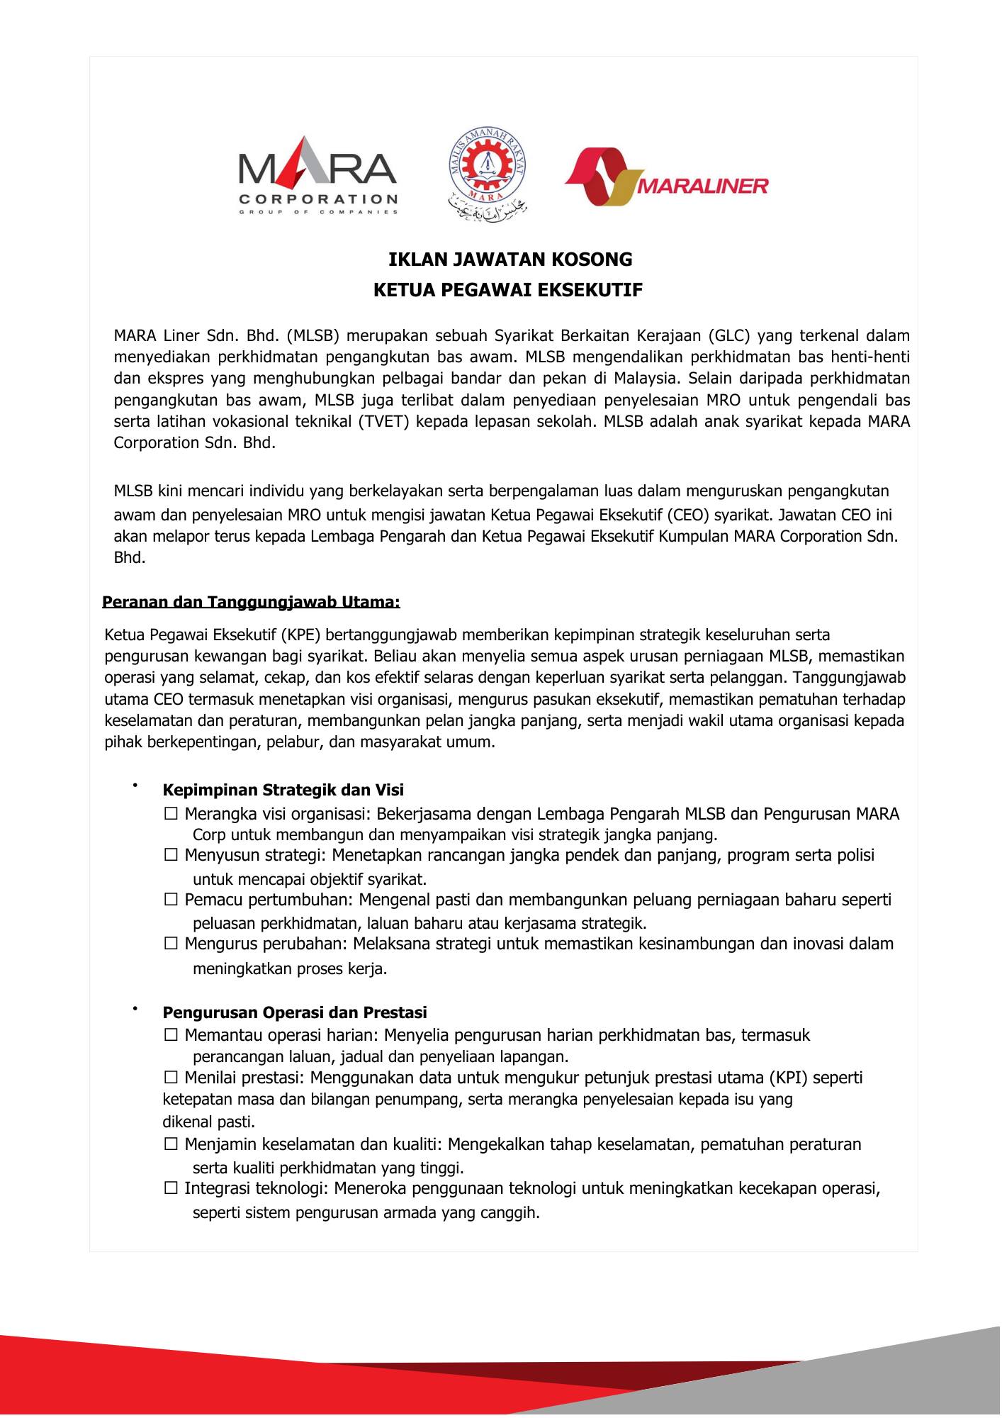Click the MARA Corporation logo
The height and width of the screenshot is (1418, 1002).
318,181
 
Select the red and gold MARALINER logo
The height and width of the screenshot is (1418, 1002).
666,177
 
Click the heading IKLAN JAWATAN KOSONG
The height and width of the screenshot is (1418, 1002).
510,259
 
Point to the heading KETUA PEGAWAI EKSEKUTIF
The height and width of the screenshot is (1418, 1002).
508,291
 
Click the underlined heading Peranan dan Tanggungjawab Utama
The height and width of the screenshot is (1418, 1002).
252,603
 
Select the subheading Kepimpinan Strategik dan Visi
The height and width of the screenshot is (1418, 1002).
283,790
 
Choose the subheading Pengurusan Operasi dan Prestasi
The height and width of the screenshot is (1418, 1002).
295,1012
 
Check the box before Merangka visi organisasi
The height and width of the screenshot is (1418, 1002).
171,814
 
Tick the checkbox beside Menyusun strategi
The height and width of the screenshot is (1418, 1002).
171,855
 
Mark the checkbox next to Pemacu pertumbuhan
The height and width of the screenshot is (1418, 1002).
171,900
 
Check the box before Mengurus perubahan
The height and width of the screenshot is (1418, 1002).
171,944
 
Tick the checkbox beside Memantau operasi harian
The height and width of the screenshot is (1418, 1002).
171,1035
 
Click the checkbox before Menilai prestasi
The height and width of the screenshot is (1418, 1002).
171,1078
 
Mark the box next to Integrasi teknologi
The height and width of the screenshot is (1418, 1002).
171,1188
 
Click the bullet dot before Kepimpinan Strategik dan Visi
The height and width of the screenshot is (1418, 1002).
133,785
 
